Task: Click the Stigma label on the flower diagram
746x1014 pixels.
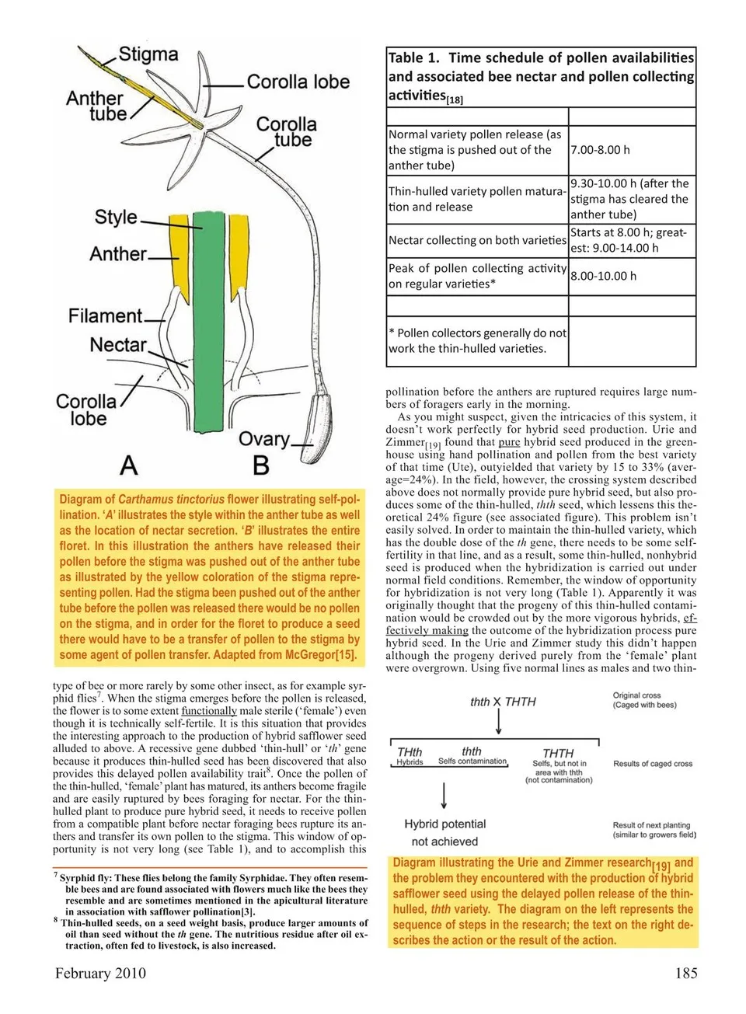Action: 148,54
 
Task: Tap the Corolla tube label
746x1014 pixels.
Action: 286,132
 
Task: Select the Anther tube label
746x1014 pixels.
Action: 96,106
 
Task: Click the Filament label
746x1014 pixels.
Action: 106,316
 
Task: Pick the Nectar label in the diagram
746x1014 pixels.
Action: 117,344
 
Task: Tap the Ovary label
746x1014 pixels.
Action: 263,439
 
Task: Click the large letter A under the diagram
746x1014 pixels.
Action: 129,465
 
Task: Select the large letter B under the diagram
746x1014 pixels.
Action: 261,465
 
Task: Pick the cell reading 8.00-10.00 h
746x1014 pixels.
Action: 603,276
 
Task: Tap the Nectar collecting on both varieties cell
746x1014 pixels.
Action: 477,240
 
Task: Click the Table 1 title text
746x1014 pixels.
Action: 541,76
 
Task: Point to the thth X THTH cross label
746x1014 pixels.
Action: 503,702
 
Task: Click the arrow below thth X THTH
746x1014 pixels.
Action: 498,722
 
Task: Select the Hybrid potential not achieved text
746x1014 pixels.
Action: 444,832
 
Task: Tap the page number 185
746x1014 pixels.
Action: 686,973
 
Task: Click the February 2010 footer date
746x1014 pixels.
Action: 100,973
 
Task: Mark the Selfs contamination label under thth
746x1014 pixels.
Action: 472,761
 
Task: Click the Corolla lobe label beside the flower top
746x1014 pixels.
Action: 298,82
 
